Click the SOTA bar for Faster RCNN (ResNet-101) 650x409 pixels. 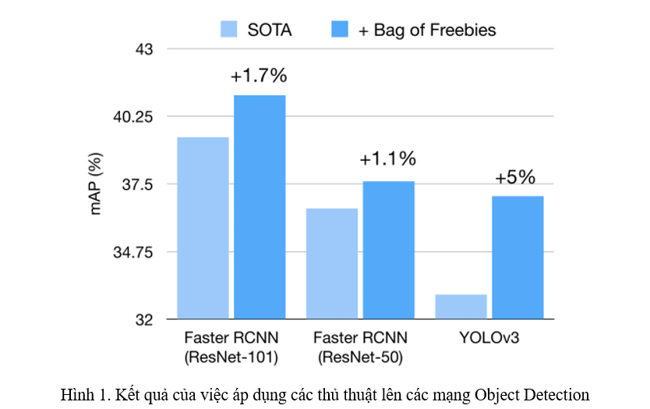(x=203, y=227)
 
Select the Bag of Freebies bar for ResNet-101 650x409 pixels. (x=260, y=206)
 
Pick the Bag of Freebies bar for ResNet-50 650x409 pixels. (x=388, y=250)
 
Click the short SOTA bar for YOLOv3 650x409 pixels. (x=461, y=306)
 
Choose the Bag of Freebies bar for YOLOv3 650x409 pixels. (x=518, y=257)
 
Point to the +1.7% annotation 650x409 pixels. (x=260, y=76)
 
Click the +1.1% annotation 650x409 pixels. (x=387, y=159)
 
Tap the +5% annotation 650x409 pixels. (x=516, y=177)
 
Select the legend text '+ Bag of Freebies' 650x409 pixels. (x=427, y=30)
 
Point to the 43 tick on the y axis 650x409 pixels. (x=144, y=49)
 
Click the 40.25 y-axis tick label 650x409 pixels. (x=135, y=117)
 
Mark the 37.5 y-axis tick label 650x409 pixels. (x=139, y=185)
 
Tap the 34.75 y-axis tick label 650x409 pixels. (x=135, y=253)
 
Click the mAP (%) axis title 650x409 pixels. (x=97, y=185)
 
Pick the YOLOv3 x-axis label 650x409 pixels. (x=489, y=339)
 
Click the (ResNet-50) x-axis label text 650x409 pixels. (x=360, y=357)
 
